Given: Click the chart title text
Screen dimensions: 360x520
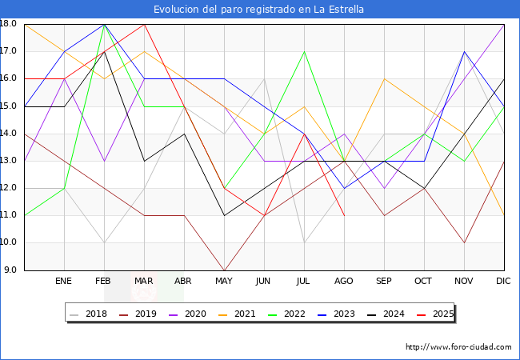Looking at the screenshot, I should pyautogui.click(x=260, y=10).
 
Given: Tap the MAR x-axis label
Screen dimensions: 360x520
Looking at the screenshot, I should pyautogui.click(x=144, y=282).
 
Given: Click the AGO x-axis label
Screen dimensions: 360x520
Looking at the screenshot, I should pyautogui.click(x=344, y=282).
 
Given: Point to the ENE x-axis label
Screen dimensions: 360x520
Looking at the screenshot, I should pyautogui.click(x=64, y=282).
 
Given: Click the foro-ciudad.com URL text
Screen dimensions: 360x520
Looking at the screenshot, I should pyautogui.click(x=458, y=347).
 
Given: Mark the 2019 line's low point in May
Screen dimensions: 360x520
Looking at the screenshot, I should pyautogui.click(x=224, y=270).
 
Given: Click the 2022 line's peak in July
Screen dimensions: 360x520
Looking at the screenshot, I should pyautogui.click(x=304, y=51).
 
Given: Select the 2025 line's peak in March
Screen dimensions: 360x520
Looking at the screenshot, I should pyautogui.click(x=144, y=24).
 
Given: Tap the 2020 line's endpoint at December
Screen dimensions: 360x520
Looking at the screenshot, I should pyautogui.click(x=504, y=24).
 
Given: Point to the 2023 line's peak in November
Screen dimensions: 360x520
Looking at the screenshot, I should pyautogui.click(x=464, y=51).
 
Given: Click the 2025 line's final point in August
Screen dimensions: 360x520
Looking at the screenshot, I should pyautogui.click(x=344, y=215).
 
